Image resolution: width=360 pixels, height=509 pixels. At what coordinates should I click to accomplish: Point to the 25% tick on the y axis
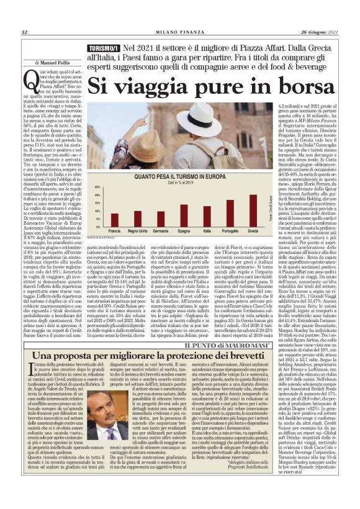click(96, 186)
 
